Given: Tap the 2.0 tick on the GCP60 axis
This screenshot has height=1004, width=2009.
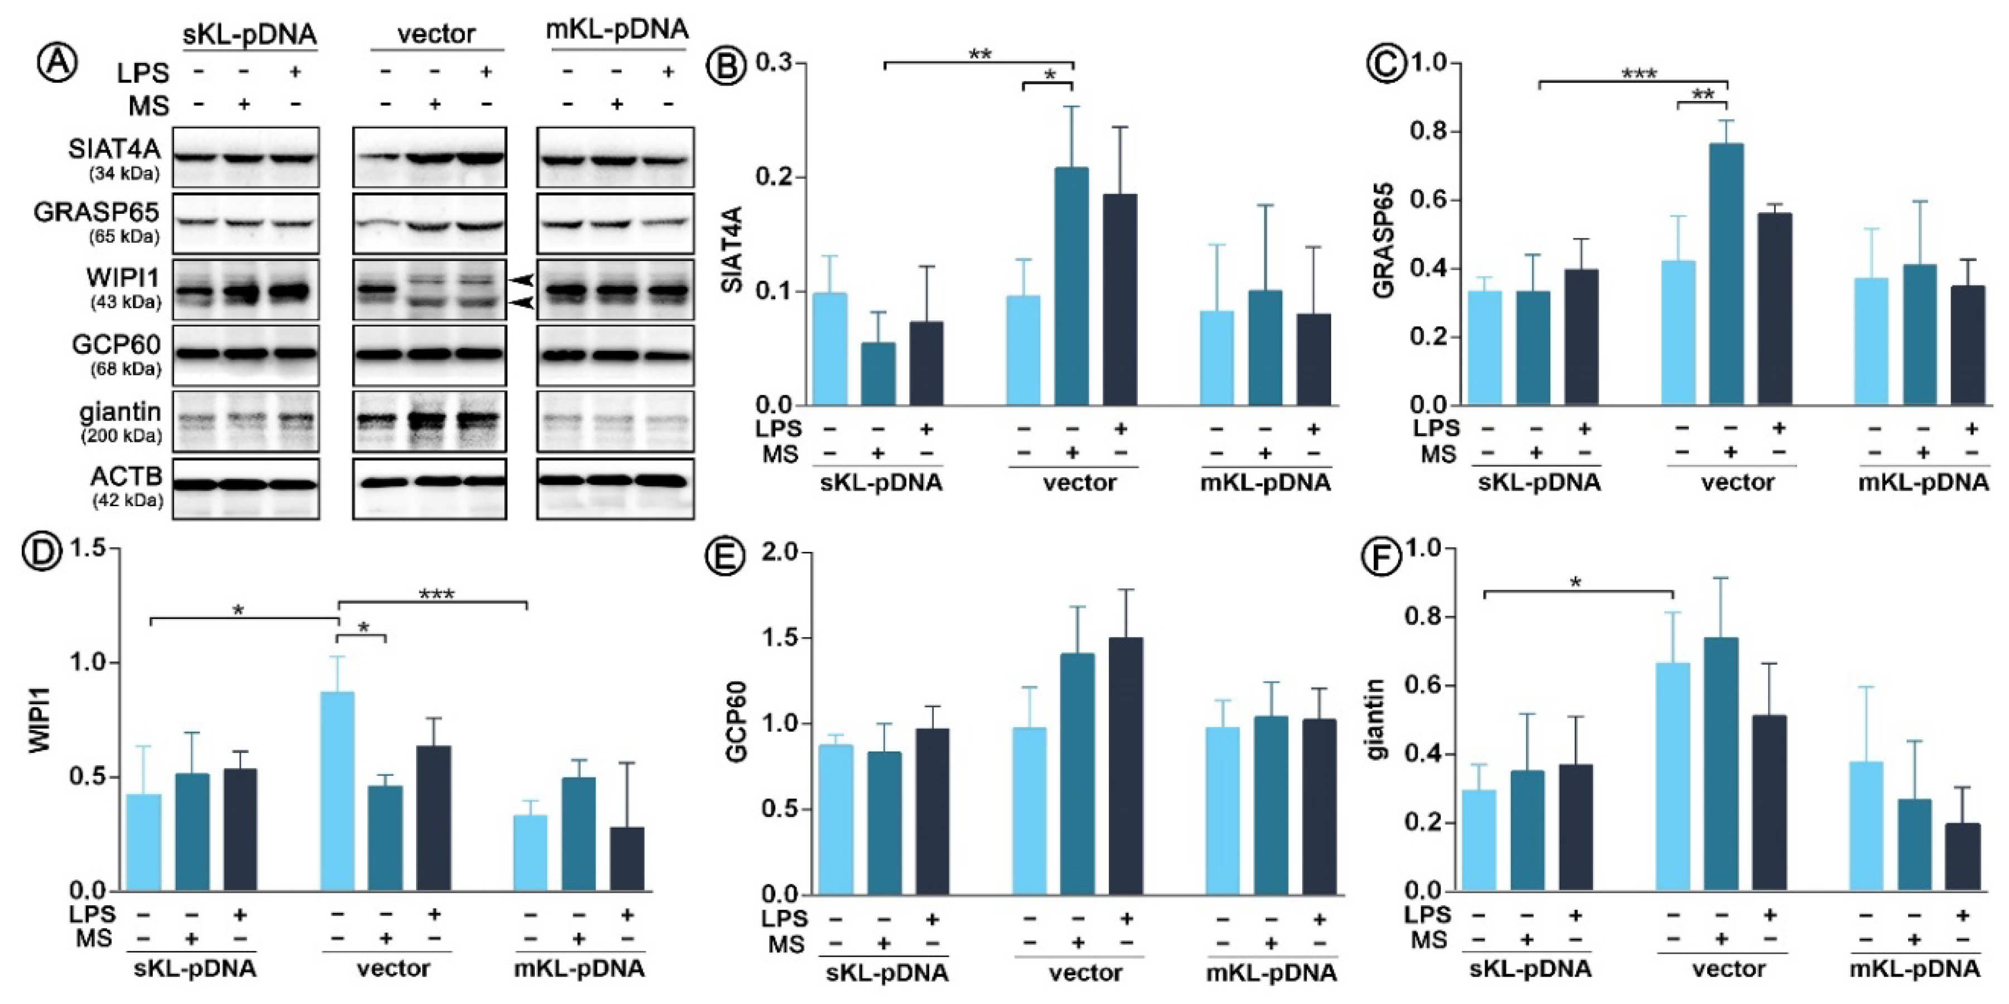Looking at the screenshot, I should [781, 553].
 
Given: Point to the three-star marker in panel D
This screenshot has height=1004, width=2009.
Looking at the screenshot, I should [436, 594].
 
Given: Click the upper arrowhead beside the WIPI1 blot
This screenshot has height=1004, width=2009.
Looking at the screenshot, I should [521, 279].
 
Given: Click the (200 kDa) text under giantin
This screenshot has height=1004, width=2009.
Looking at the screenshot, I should [122, 436].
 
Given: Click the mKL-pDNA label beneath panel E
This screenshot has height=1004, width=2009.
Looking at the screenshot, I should [1271, 973].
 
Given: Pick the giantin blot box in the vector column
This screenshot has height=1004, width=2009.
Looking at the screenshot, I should [429, 421].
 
